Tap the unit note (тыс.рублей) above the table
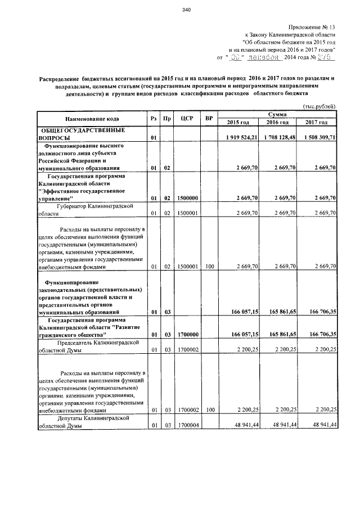pyautogui.click(x=319, y=106)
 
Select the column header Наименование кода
pyautogui.click(x=91, y=119)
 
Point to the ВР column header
pyautogui.click(x=209, y=119)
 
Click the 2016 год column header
pyautogui.click(x=278, y=123)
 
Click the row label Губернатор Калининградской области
pyautogui.click(x=84, y=210)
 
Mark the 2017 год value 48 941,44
pyautogui.click(x=321, y=426)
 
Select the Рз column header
pyautogui.click(x=153, y=119)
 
